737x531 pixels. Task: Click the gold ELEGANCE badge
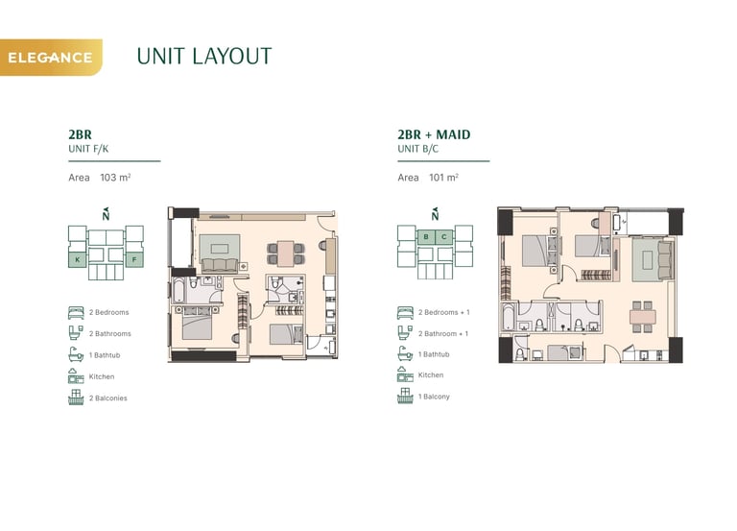[x=51, y=58]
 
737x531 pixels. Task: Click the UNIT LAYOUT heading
[x=204, y=57]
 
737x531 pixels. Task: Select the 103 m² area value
[x=115, y=178]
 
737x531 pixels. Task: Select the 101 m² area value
[x=443, y=178]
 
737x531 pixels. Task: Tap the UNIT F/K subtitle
[x=88, y=149]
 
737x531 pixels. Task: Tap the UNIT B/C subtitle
[x=417, y=149]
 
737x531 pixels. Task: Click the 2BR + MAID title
[x=434, y=134]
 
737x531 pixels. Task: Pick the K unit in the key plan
[x=78, y=259]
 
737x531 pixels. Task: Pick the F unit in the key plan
[x=134, y=259]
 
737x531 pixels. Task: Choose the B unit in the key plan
[x=426, y=236]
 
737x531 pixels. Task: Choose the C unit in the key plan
[x=443, y=236]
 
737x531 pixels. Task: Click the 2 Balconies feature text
[x=108, y=398]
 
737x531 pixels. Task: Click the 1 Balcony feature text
[x=434, y=397]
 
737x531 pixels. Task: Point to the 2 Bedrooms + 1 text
[x=443, y=312]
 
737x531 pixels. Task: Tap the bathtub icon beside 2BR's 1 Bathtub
[x=76, y=354]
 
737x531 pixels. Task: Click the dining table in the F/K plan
[x=285, y=253]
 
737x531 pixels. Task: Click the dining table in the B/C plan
[x=643, y=317]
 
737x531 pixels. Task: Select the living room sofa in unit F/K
[x=220, y=265]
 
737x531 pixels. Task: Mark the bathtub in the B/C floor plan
[x=508, y=317]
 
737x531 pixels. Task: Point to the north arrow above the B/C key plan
[x=435, y=214]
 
